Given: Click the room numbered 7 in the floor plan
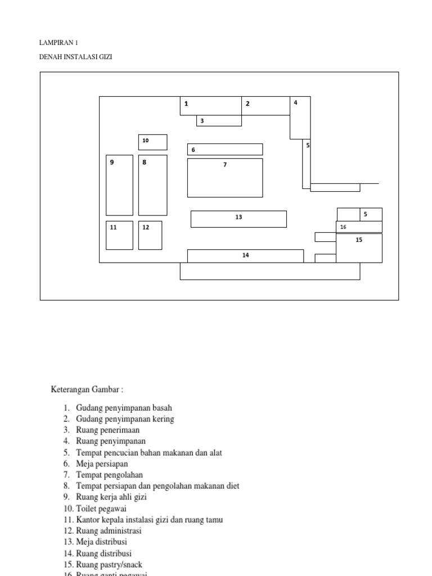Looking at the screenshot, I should click(x=225, y=178).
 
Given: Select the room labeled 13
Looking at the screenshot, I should click(x=238, y=219).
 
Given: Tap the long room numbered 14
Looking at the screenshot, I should click(x=245, y=256).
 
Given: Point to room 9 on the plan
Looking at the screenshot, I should click(x=119, y=185).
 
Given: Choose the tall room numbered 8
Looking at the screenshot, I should click(x=153, y=185).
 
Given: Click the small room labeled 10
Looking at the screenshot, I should click(x=153, y=142).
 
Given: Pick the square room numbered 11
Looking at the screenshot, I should click(x=119, y=235).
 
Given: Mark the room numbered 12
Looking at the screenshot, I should click(x=151, y=235).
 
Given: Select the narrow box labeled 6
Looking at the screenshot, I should click(x=225, y=150).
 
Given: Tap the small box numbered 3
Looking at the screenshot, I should click(x=219, y=120).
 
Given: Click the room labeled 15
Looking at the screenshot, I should click(x=359, y=248).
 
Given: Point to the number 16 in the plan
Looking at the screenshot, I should click(x=343, y=227).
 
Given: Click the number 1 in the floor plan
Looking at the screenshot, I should click(x=186, y=103).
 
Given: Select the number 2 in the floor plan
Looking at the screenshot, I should click(x=247, y=103).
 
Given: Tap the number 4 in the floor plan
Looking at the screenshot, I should click(x=295, y=102).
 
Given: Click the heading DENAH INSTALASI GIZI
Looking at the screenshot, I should click(x=76, y=57).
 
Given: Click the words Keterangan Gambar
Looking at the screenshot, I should click(x=87, y=389).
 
